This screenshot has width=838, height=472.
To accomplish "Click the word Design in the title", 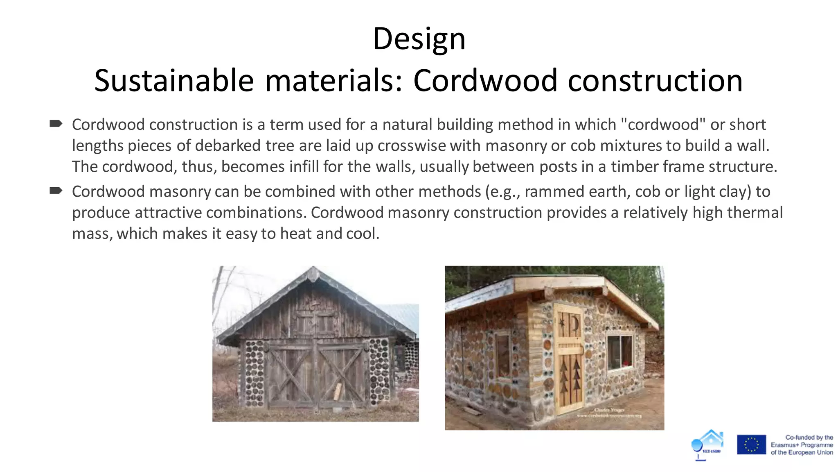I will pyautogui.click(x=419, y=39).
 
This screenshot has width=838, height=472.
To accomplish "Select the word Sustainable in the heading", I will pyautogui.click(x=174, y=81).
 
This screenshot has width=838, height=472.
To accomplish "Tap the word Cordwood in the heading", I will pyautogui.click(x=485, y=81).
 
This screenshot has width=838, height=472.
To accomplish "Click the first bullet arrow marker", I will pyautogui.click(x=56, y=124).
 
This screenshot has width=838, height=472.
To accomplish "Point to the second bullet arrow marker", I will pyautogui.click(x=56, y=191).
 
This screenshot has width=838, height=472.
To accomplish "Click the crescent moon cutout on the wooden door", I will pyautogui.click(x=575, y=324).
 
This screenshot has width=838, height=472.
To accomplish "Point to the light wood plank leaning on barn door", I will pyautogui.click(x=338, y=392).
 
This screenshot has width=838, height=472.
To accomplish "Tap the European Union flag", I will pyautogui.click(x=751, y=445).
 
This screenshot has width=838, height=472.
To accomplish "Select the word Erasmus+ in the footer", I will pyautogui.click(x=784, y=445).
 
